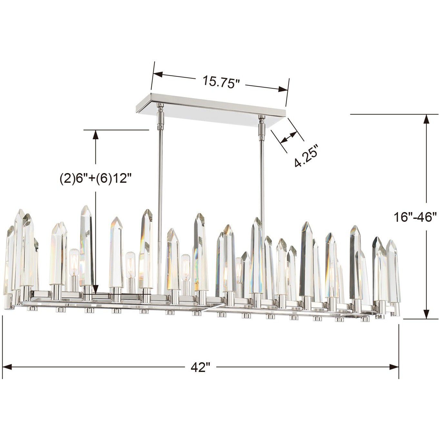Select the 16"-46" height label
pos(415,217)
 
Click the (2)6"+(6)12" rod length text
pos(96,178)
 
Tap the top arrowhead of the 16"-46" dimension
pos(426,119)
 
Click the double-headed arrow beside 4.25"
pos(289,137)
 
